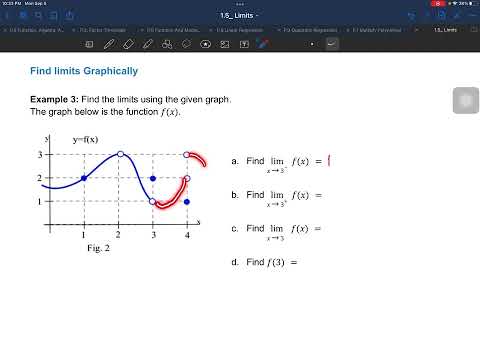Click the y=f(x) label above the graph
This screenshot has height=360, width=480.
[x=86, y=140]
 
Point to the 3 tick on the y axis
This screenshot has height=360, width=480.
[x=39, y=154]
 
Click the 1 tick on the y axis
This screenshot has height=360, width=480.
[x=39, y=202]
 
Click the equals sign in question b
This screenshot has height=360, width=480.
[x=317, y=195]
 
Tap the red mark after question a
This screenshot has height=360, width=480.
[x=329, y=160]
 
